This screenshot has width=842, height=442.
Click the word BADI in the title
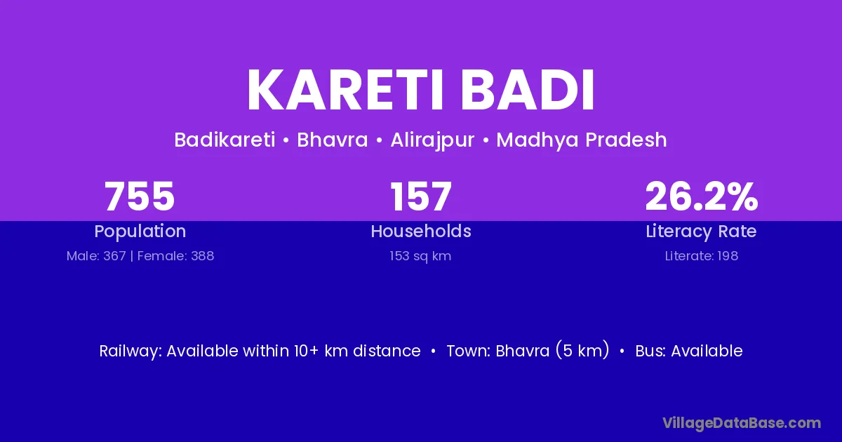[x=528, y=91]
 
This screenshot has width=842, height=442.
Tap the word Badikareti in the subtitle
[x=225, y=140]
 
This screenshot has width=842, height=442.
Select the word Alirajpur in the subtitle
[x=432, y=140]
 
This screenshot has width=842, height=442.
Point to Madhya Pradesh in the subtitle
[x=582, y=140]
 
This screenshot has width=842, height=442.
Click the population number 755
[x=140, y=196]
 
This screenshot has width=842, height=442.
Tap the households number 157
[x=420, y=196]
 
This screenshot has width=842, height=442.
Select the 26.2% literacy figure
[x=702, y=196]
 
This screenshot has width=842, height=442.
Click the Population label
[x=140, y=232]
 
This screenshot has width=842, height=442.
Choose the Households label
[x=421, y=231]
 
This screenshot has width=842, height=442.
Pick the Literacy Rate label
[x=701, y=232]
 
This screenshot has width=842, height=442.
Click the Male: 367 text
[x=96, y=256]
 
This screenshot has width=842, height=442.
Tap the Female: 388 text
[x=175, y=256]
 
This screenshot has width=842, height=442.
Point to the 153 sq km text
[x=420, y=256]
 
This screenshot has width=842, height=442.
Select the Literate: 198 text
[x=702, y=256]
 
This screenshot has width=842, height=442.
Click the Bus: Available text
[x=688, y=351]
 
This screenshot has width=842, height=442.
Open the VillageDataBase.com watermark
[x=742, y=423]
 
